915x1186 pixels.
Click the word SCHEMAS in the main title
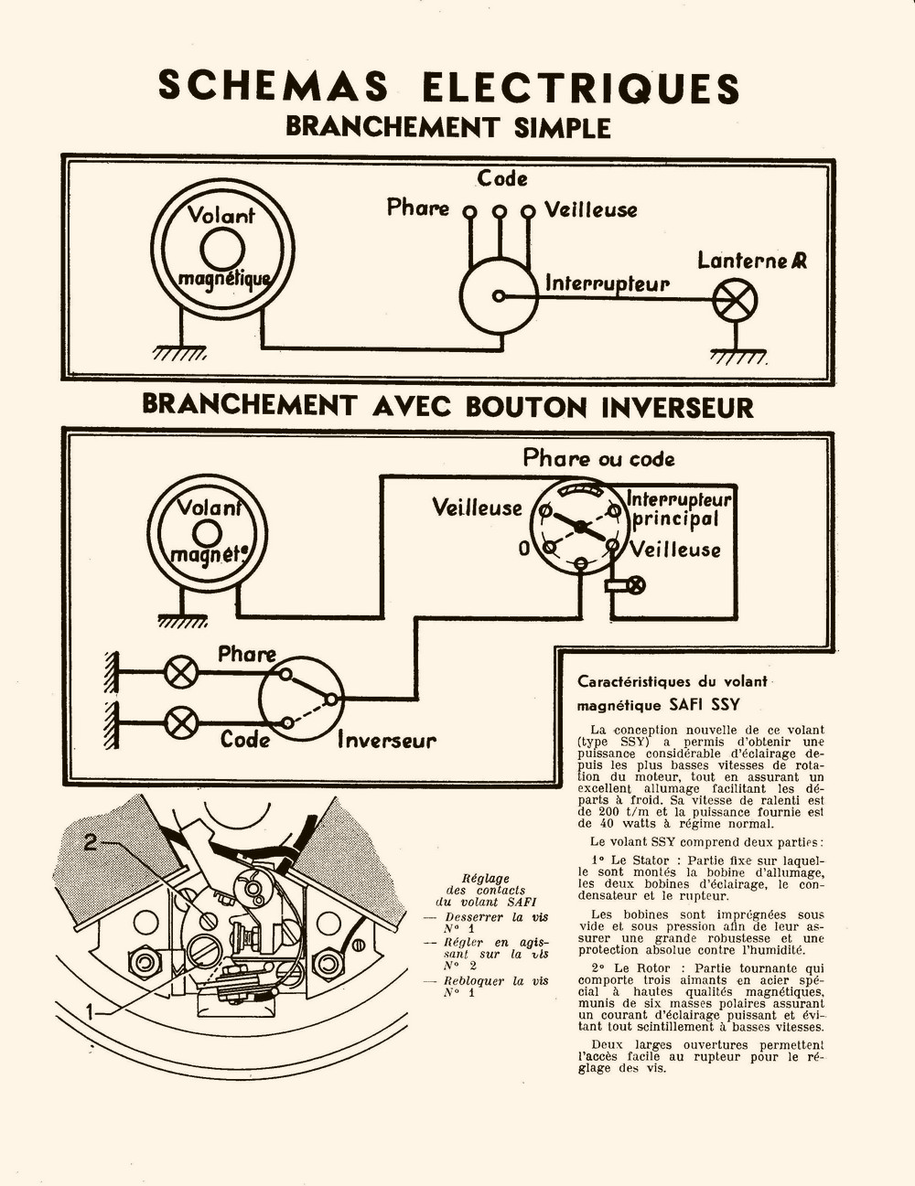point(273,87)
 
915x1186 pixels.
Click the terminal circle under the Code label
point(499,211)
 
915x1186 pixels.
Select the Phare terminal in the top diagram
point(469,211)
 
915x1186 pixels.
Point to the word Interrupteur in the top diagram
point(608,283)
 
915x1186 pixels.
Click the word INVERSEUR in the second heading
point(677,407)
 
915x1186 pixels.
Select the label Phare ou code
point(598,459)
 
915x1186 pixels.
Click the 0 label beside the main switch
point(524,550)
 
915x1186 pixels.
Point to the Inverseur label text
point(387,740)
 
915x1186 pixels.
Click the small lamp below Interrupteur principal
point(634,584)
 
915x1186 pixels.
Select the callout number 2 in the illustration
point(91,843)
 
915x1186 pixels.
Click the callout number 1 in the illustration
point(91,1010)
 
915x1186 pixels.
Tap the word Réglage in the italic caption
point(486,878)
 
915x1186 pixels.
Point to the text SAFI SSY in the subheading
point(705,705)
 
